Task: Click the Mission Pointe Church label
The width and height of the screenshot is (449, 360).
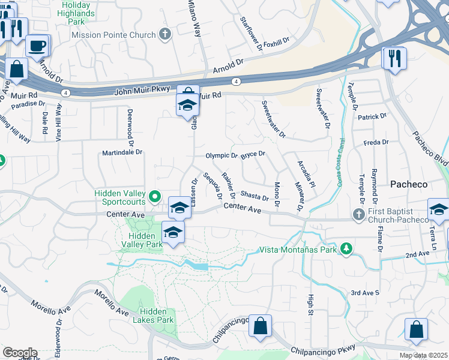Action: [x=113, y=35]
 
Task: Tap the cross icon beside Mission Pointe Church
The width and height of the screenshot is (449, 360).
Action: [x=165, y=34]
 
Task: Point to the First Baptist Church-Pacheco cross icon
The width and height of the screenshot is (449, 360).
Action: [x=359, y=214]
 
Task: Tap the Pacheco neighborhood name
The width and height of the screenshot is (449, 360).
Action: [x=409, y=184]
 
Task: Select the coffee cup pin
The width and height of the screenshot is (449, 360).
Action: [x=38, y=45]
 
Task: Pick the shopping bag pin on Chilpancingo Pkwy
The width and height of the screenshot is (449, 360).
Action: [x=261, y=326]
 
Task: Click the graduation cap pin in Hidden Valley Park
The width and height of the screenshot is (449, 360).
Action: [x=173, y=232]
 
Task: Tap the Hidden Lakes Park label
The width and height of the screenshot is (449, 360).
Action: [x=157, y=316]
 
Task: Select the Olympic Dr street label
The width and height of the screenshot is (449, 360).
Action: [x=221, y=155]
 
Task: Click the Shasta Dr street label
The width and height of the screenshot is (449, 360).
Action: [x=254, y=194]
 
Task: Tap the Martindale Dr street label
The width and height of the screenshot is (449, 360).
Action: [x=122, y=152]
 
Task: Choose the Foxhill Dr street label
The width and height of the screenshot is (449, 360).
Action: [x=276, y=42]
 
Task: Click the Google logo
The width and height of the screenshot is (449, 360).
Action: [x=20, y=353]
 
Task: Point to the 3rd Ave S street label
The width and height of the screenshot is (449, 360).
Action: [x=365, y=293]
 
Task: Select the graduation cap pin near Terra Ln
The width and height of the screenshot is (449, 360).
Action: [x=439, y=209]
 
